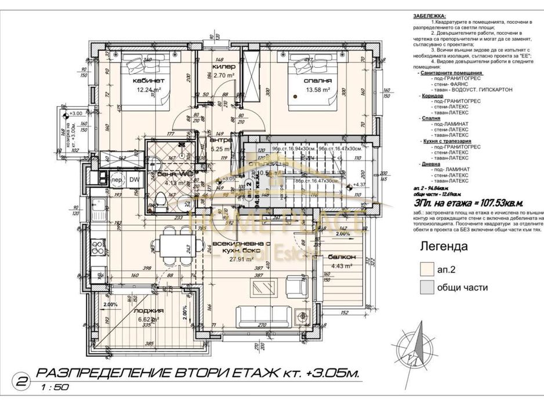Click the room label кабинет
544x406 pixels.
pos(148,81)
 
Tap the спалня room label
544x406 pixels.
pos(317,81)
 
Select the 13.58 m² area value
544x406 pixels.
pos(318,90)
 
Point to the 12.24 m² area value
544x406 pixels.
pos(148,90)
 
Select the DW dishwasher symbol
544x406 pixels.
pos(134,180)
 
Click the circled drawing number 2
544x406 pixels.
pos(22,381)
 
